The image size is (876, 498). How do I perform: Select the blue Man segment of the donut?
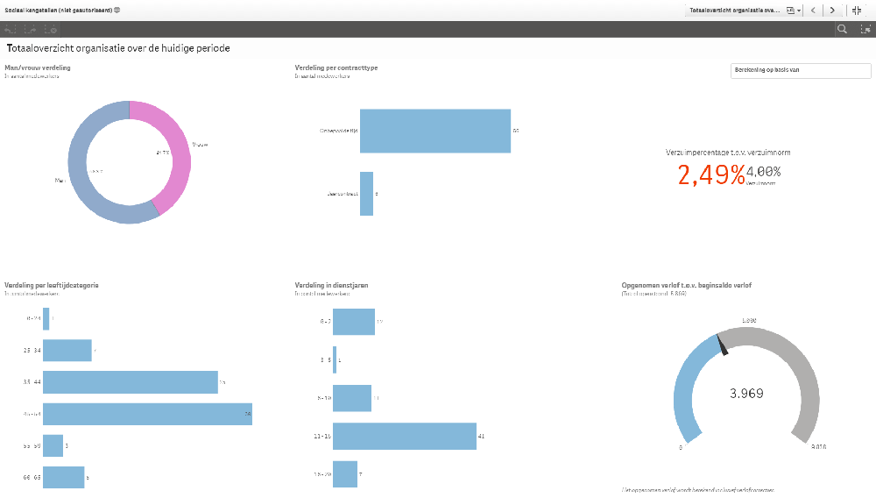tap(83, 175)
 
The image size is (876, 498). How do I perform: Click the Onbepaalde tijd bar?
tap(434, 131)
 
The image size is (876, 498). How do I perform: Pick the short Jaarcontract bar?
tap(366, 193)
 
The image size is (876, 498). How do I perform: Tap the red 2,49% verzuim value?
tap(710, 174)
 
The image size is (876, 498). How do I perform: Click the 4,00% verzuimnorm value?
tap(763, 171)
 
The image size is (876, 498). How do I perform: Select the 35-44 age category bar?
tap(130, 381)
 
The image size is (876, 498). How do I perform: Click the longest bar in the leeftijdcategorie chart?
tap(147, 414)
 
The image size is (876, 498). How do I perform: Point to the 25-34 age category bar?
tap(67, 351)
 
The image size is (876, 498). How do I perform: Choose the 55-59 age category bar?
tap(53, 445)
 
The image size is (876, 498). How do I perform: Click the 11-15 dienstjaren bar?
tap(404, 436)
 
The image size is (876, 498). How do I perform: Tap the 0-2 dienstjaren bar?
tap(353, 322)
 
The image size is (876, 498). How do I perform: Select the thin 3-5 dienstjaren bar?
tap(335, 359)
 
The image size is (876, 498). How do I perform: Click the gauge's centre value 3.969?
tap(746, 393)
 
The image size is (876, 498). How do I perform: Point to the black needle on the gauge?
tap(723, 347)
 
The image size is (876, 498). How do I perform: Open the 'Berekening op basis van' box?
tap(800, 71)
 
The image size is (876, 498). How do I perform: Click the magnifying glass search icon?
tap(842, 29)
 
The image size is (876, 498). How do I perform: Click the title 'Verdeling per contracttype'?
tap(336, 68)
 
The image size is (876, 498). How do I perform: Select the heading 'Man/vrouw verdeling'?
tap(38, 68)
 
